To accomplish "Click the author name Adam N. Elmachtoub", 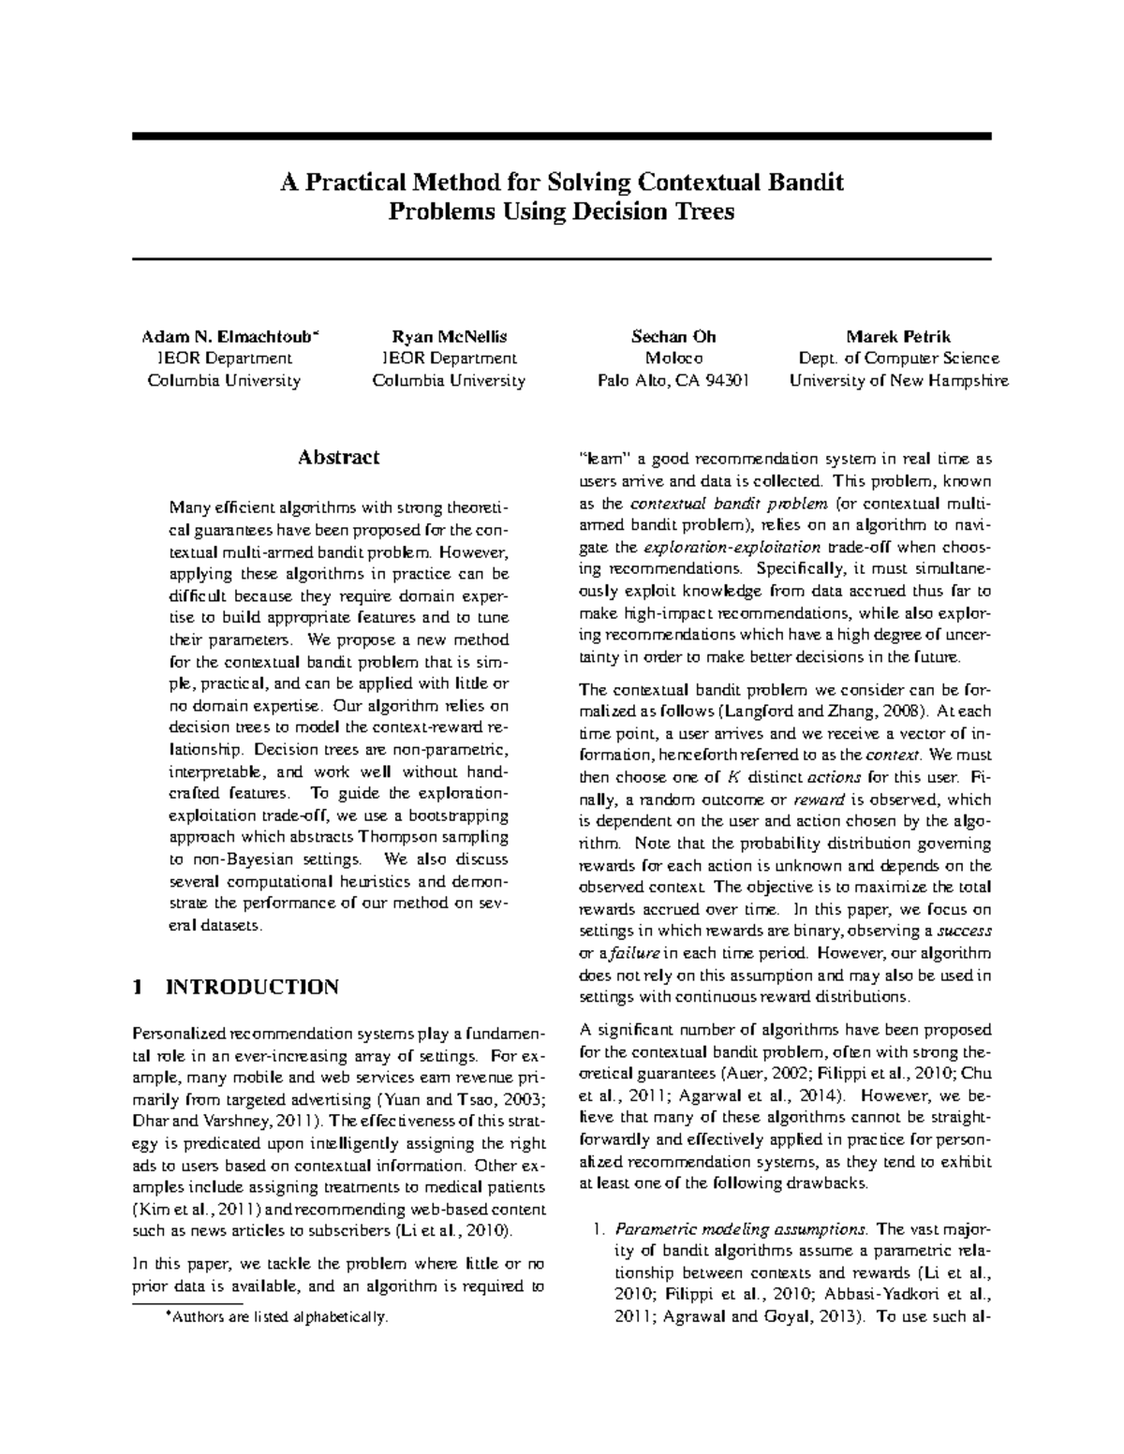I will tap(229, 336).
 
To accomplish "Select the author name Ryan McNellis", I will tap(449, 336).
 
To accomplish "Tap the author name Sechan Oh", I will tap(673, 336).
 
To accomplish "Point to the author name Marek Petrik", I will tap(898, 336).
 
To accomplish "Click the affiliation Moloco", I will tap(673, 359).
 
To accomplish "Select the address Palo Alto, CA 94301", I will tap(673, 381).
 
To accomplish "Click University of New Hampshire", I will tap(898, 381).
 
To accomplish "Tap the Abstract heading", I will tap(338, 458).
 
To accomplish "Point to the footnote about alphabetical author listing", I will tap(275, 1317).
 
